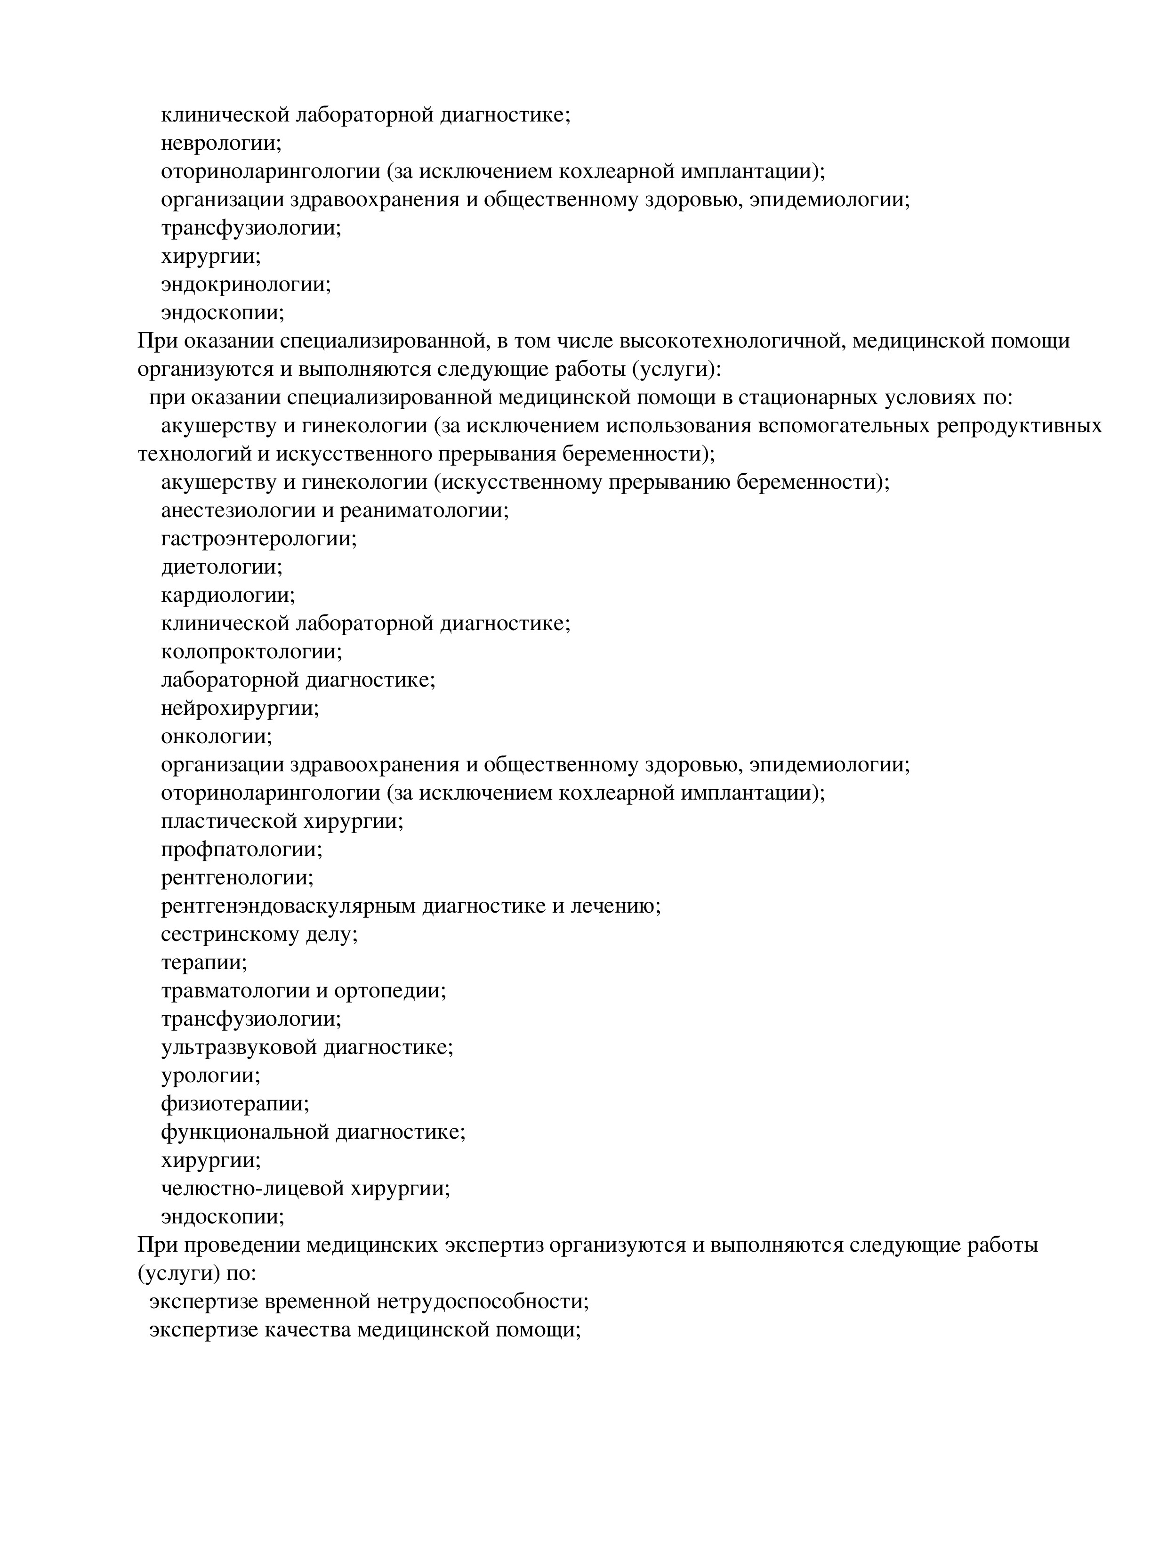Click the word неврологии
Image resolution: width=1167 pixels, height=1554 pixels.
(x=220, y=143)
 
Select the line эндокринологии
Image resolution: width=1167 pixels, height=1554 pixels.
(x=245, y=284)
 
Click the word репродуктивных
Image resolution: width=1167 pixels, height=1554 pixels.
(x=1020, y=426)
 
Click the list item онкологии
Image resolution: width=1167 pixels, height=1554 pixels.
(x=216, y=736)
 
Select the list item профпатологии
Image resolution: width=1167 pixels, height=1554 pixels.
(x=241, y=850)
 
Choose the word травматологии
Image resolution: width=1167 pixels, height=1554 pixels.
(x=235, y=991)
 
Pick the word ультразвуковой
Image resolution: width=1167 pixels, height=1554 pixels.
(x=240, y=1047)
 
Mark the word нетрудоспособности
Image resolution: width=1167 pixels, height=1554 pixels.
(x=482, y=1302)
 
